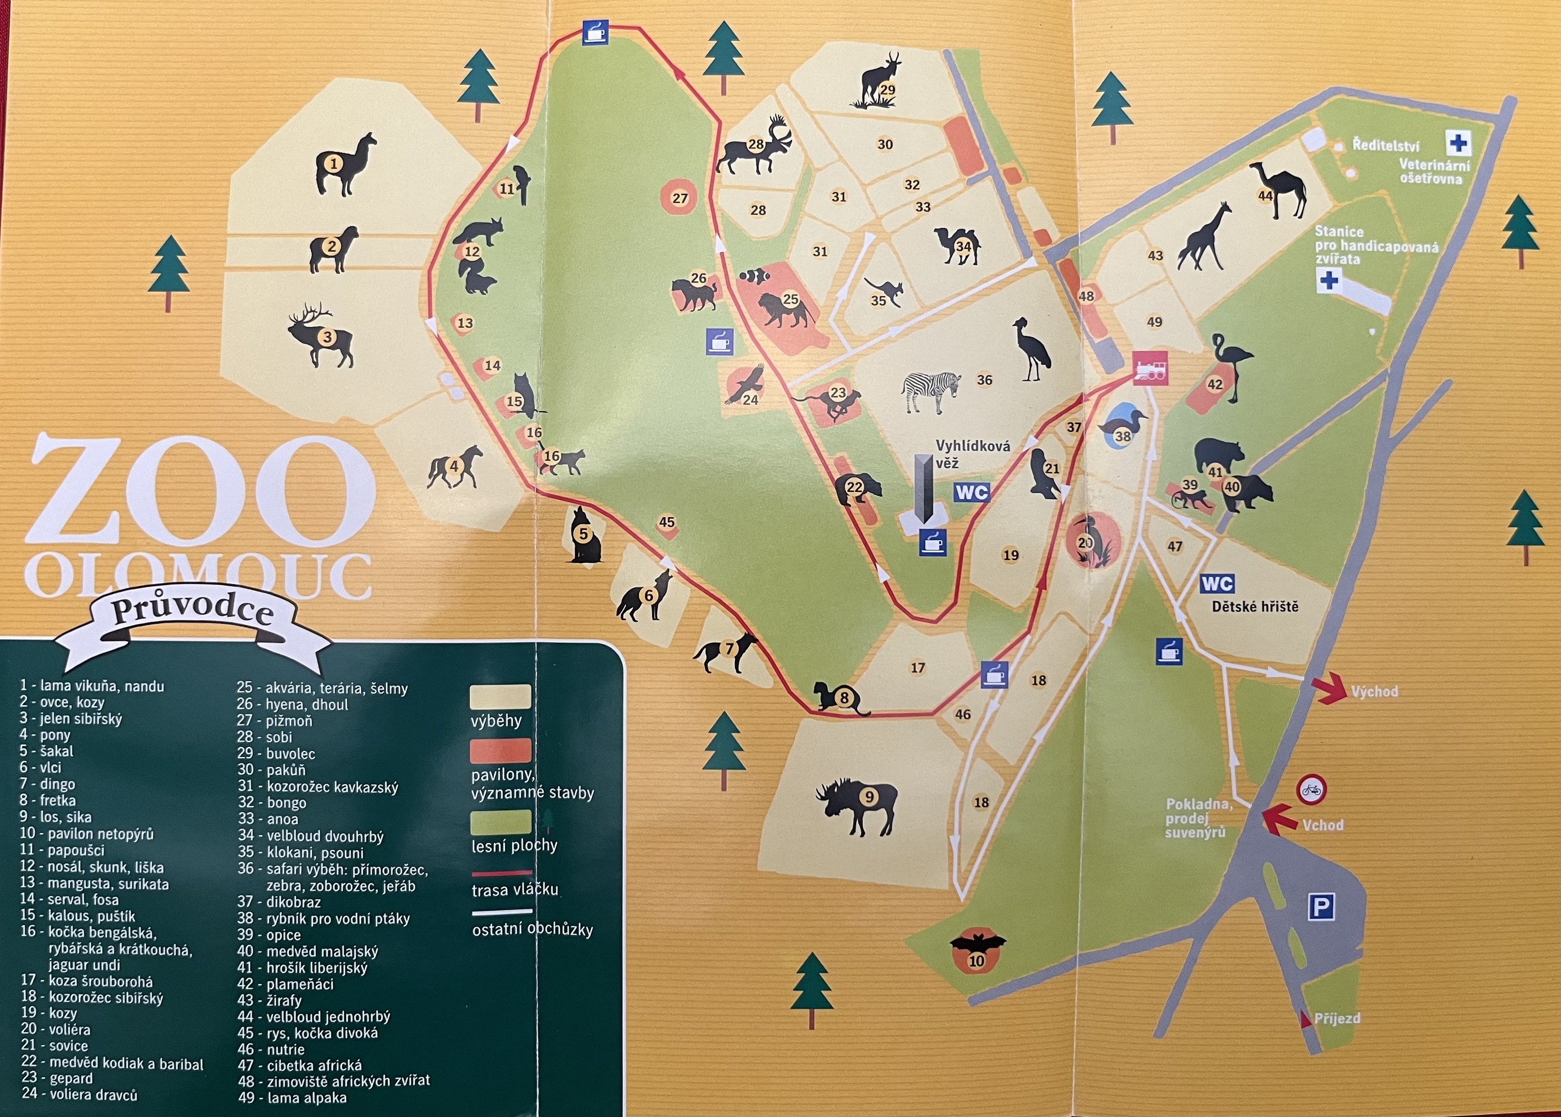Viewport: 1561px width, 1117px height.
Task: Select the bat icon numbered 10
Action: [977, 951]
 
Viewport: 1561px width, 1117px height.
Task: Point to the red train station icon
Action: [1150, 369]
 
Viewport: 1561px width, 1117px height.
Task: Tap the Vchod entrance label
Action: [1323, 824]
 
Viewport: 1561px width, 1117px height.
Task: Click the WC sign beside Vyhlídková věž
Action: [971, 492]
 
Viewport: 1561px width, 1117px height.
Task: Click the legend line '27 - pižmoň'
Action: [274, 721]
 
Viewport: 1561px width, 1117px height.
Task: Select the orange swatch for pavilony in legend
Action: [500, 751]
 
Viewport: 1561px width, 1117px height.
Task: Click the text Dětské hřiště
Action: [1254, 607]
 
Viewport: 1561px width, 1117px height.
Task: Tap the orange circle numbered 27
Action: [679, 198]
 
